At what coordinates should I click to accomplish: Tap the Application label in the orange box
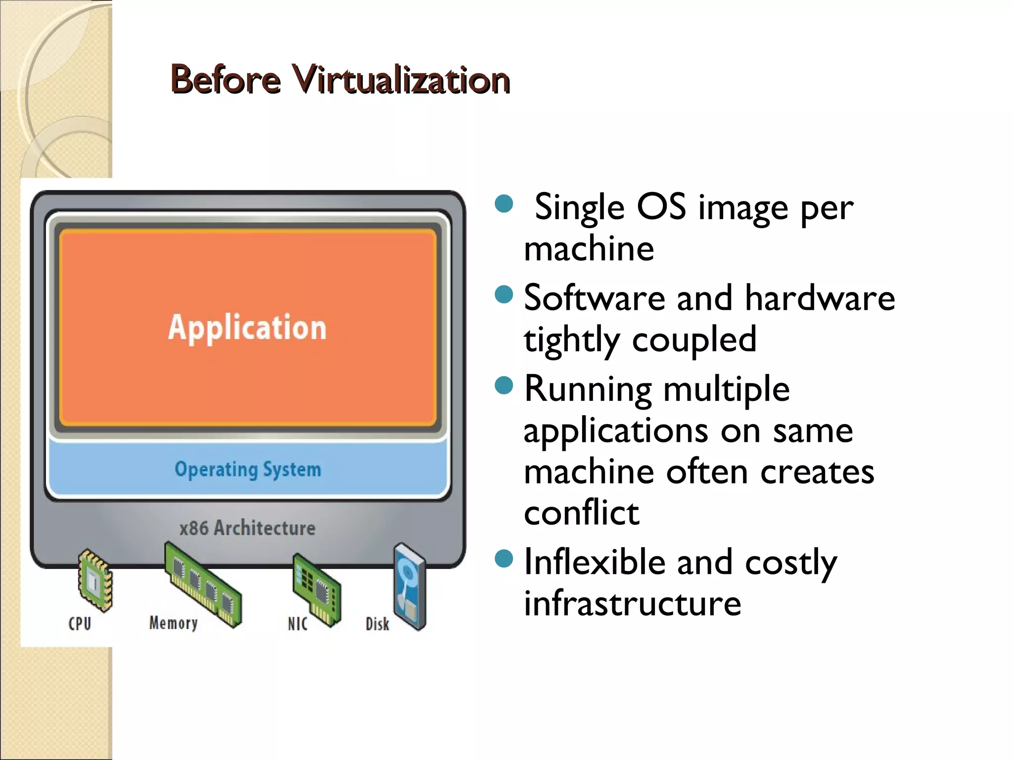247,328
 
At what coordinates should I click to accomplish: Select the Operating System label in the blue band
248,469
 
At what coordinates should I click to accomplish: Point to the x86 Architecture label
247,528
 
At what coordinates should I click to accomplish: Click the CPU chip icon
95,580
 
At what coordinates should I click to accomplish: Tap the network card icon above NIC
317,589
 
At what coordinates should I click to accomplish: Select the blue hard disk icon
410,586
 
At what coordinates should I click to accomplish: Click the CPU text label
80,623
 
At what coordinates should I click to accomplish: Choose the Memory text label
173,623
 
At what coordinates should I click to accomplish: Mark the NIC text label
297,624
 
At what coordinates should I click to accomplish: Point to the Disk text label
377,624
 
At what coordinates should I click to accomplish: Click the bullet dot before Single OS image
504,203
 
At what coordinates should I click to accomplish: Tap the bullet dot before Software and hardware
504,294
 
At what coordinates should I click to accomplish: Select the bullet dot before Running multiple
504,385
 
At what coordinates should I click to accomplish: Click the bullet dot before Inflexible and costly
504,559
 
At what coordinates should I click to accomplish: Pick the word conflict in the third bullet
581,513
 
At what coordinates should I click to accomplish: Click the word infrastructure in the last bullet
632,603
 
